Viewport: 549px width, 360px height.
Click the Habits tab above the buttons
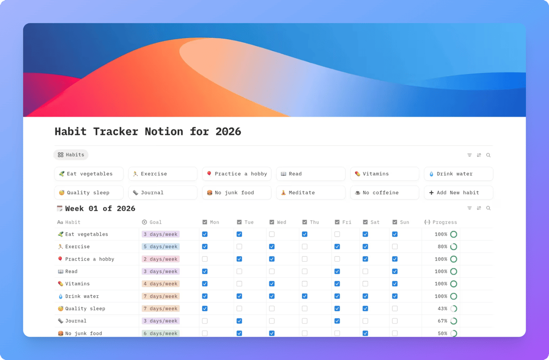click(x=71, y=155)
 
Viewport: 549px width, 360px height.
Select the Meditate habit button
click(x=310, y=193)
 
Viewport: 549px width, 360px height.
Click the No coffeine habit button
click(x=384, y=193)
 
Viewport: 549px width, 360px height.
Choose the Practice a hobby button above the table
click(x=236, y=174)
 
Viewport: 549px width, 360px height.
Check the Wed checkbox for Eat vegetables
click(x=272, y=234)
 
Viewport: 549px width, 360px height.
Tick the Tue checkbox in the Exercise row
click(x=239, y=247)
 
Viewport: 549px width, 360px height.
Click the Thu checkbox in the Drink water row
click(x=305, y=296)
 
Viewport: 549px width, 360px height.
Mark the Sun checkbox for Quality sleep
click(x=395, y=308)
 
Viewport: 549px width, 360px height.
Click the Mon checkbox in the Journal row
click(x=205, y=321)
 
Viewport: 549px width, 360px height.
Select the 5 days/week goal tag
click(x=161, y=247)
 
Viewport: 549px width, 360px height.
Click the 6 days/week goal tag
click(x=161, y=333)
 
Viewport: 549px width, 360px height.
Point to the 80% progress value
click(x=442, y=247)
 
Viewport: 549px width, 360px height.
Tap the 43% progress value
click(x=442, y=308)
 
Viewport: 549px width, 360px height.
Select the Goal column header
click(x=155, y=222)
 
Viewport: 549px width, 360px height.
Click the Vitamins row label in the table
click(x=77, y=284)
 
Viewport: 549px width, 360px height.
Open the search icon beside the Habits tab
click(x=489, y=155)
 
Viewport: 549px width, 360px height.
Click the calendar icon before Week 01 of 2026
click(x=60, y=209)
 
